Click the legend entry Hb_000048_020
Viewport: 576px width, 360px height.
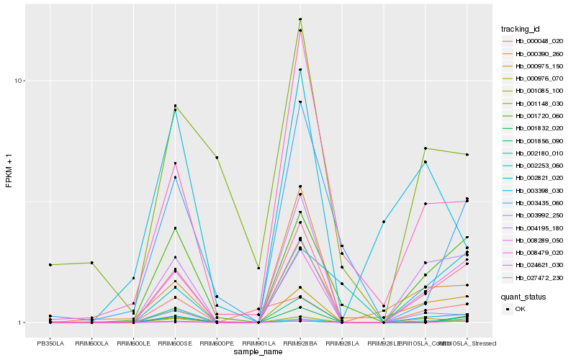click(x=534, y=41)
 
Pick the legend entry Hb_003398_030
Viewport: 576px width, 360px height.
click(x=534, y=190)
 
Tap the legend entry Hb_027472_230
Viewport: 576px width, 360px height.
click(x=534, y=277)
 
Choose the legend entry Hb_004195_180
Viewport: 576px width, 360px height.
click(x=534, y=228)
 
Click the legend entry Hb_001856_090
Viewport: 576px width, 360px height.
click(x=534, y=140)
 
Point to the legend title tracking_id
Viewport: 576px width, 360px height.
click(x=521, y=29)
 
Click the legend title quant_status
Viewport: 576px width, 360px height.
click(x=523, y=296)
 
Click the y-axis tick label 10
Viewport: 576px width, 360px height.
click(x=22, y=81)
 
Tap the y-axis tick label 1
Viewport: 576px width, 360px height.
click(x=24, y=323)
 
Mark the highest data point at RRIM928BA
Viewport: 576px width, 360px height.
click(x=300, y=19)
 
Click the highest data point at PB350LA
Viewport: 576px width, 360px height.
click(x=50, y=265)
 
